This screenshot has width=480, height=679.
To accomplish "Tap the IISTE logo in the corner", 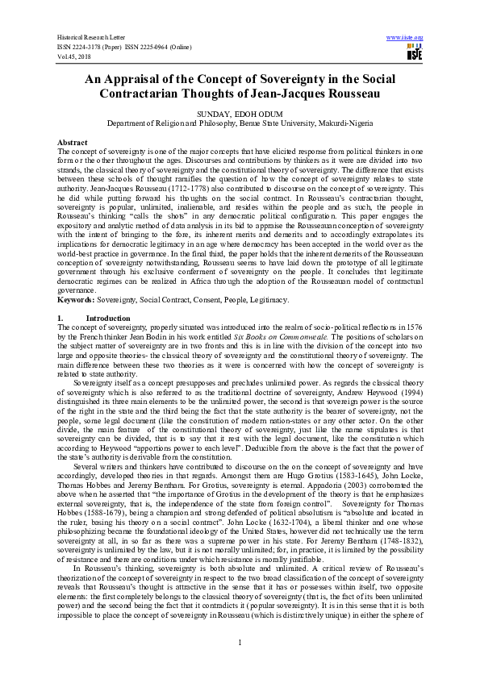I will (414, 53).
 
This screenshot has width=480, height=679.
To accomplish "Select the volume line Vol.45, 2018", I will (74, 56).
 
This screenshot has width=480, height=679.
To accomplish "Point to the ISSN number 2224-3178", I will (92, 47).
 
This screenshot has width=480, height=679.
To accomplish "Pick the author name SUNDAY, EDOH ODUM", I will (240, 115).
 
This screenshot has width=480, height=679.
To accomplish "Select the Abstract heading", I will (73, 141).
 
